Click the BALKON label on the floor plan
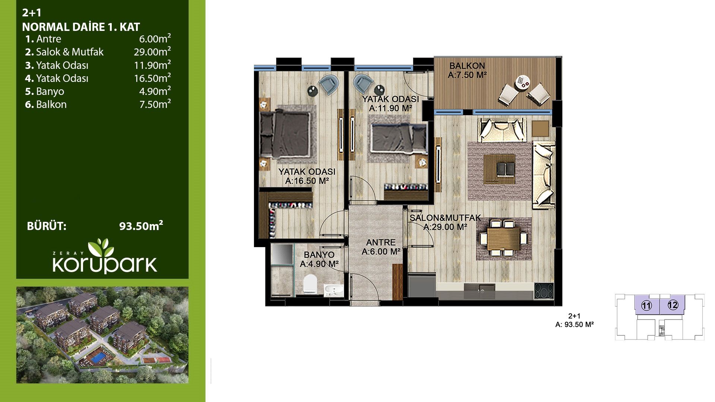coord(467,66)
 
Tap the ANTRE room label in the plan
coord(381,242)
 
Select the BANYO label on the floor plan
coord(319,255)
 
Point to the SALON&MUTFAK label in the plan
coord(445,218)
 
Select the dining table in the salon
coord(503,239)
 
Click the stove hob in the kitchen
coord(544,291)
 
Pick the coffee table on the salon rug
coord(499,169)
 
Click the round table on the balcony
coord(523,83)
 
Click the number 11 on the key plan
coord(646,306)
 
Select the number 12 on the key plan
coord(673,305)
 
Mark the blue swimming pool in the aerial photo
coord(99,357)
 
